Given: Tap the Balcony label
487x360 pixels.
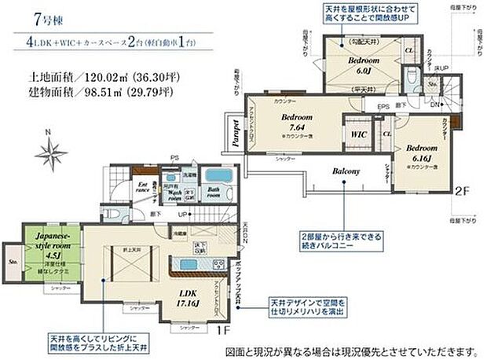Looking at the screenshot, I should (345, 171).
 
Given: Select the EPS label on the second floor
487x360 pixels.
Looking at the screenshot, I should (383, 106).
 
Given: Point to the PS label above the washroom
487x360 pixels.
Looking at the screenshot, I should (174, 157).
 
